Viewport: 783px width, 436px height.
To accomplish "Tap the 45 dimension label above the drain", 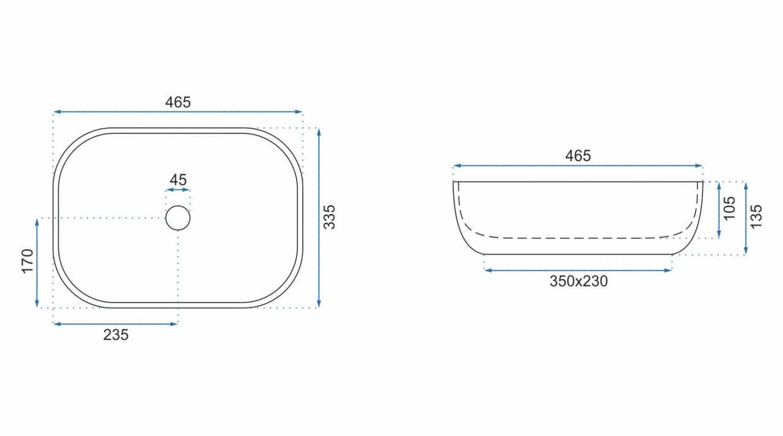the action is (x=178, y=180).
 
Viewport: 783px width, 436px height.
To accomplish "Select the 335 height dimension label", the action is (x=329, y=217).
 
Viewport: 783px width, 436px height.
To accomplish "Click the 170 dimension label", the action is (x=28, y=261).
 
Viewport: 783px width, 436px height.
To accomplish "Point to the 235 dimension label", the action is (x=116, y=335).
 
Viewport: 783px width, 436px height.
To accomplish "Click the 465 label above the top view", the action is (x=178, y=102).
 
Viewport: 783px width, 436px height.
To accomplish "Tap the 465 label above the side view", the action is (x=578, y=156).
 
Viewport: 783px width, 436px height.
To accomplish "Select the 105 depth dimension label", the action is (x=730, y=209).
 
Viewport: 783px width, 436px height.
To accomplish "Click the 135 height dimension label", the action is (x=755, y=217).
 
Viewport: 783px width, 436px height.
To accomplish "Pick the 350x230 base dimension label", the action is (x=579, y=281).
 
